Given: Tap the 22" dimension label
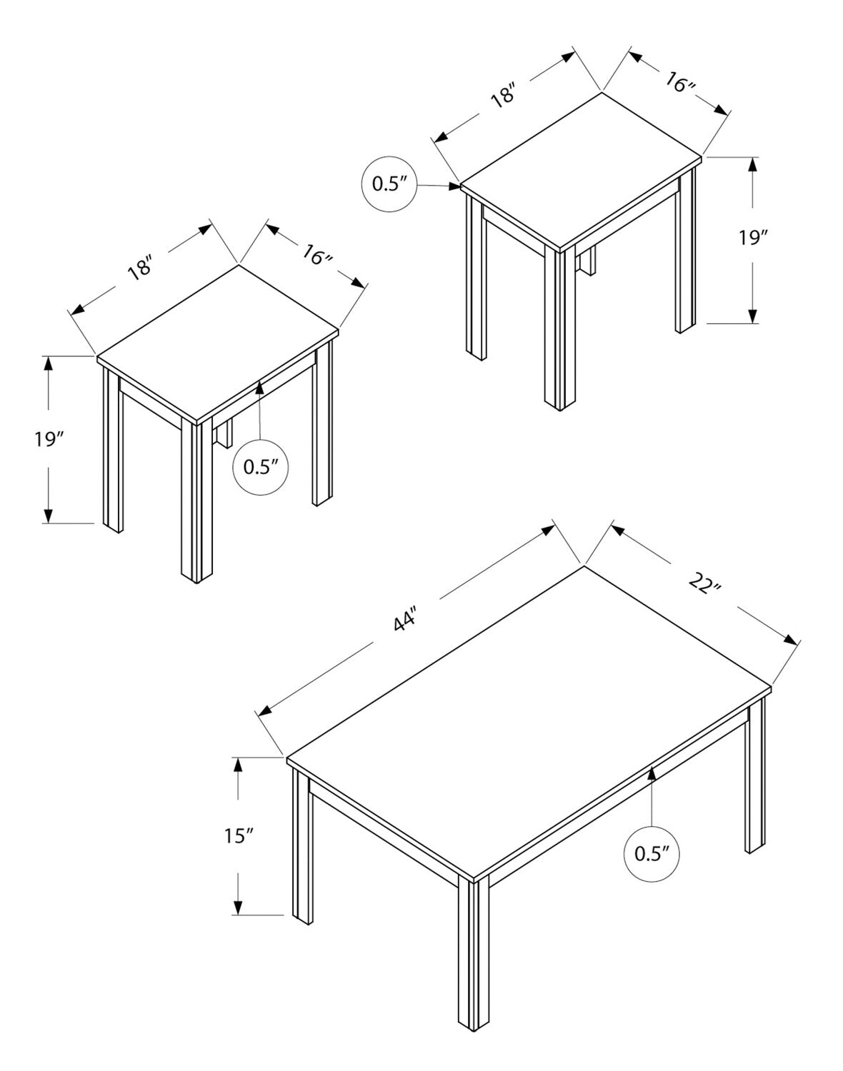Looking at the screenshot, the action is tap(705, 584).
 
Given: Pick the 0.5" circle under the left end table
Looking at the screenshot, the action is tap(261, 467).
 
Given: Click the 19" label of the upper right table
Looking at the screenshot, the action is tap(754, 238).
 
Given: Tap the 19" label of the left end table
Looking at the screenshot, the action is tap(49, 439).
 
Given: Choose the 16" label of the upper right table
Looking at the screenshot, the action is tap(680, 83).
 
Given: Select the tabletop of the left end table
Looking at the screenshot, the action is tap(218, 343).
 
